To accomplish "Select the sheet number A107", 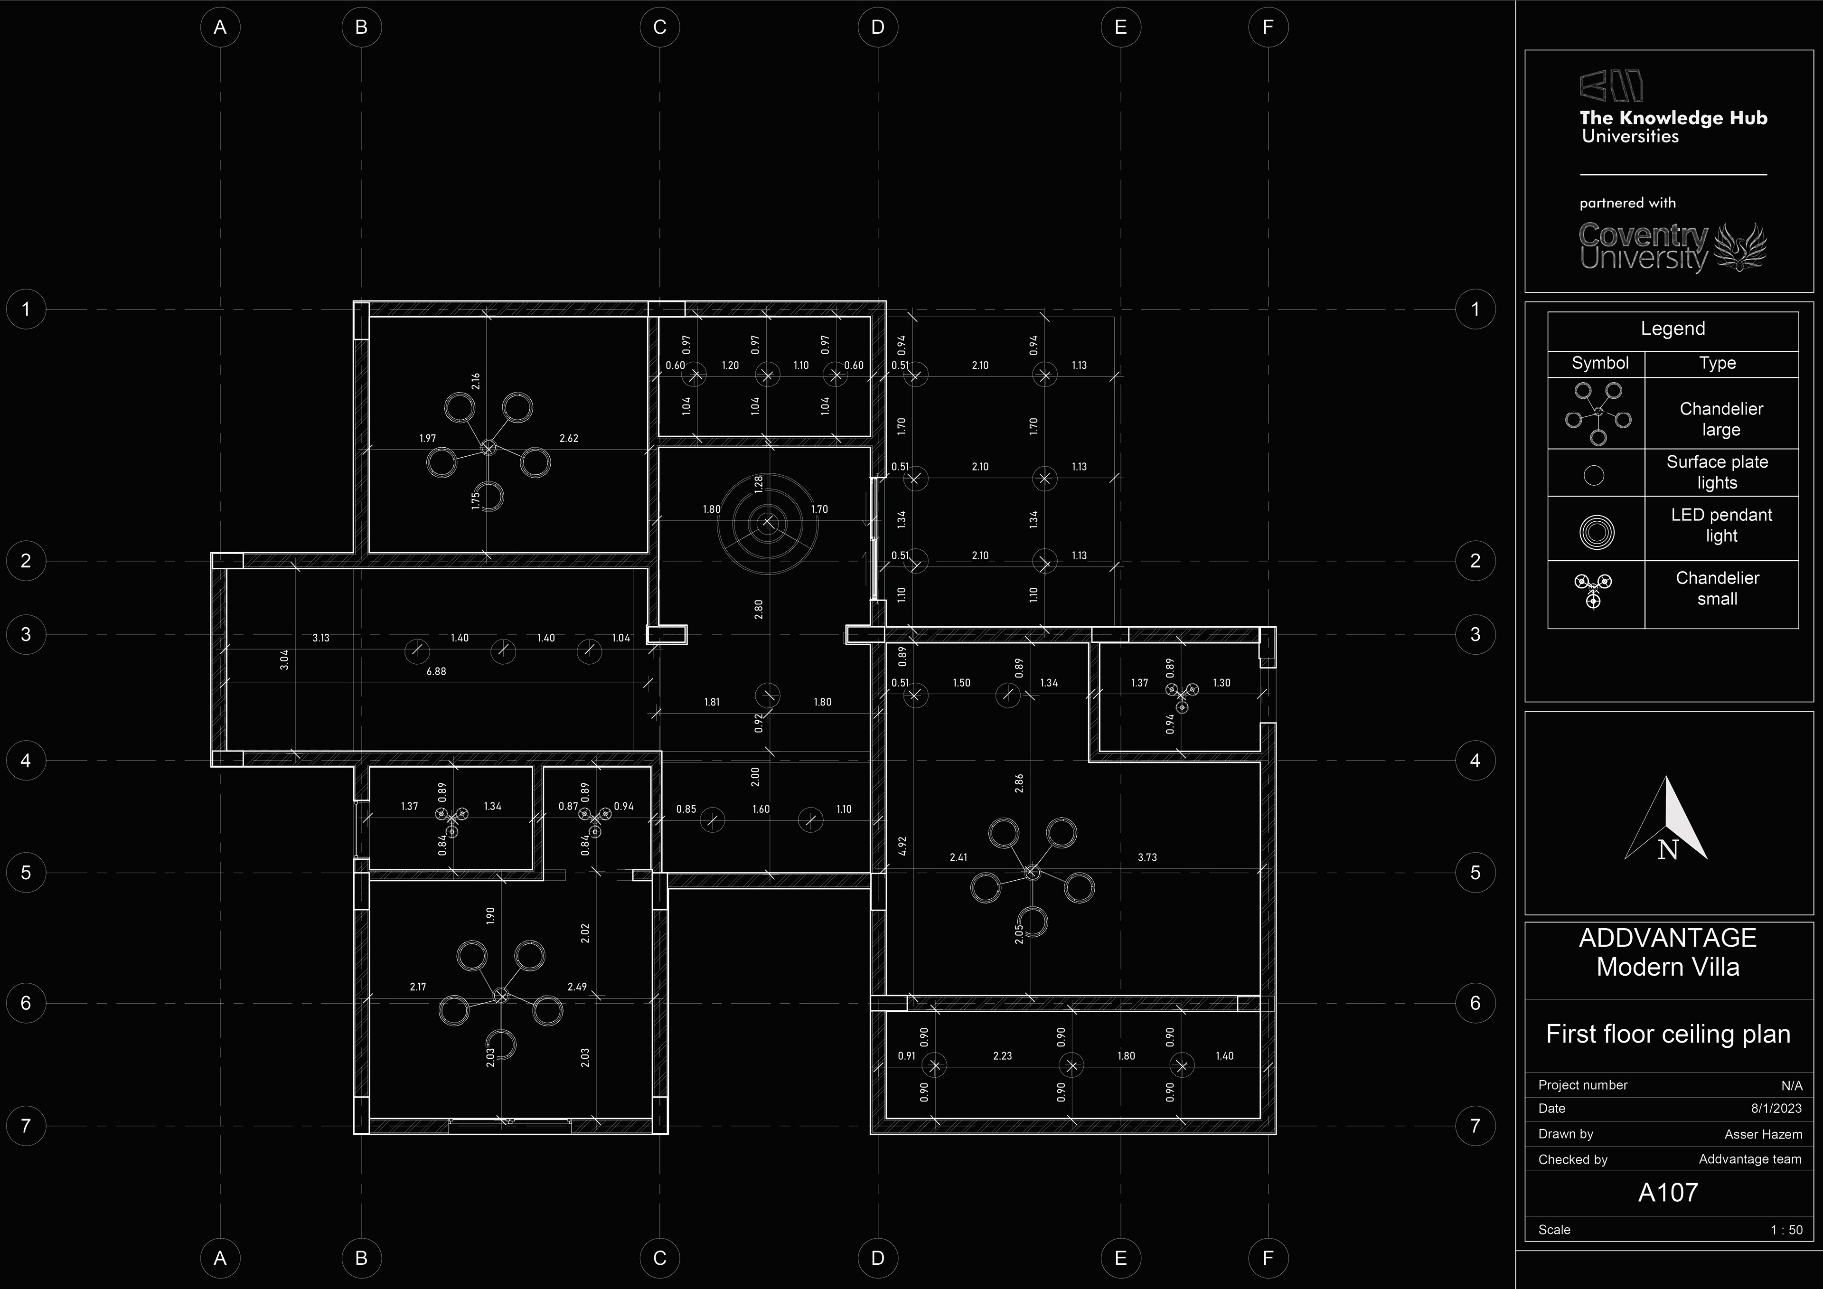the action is click(x=1667, y=1192).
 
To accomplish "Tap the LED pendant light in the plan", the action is click(x=767, y=522).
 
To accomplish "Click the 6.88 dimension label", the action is click(x=436, y=671).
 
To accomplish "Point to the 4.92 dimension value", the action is click(x=902, y=846).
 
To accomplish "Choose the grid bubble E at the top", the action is click(x=1120, y=27).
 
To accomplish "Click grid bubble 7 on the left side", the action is click(x=26, y=1125).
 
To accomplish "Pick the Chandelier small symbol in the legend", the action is click(x=1593, y=590).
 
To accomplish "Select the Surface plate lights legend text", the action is click(x=1717, y=472).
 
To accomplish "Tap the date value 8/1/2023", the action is click(x=1776, y=1108).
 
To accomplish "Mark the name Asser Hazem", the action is click(x=1763, y=1134).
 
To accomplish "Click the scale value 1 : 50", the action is click(x=1785, y=1230).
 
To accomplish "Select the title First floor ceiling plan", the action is click(x=1667, y=1034).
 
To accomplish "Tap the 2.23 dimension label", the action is click(x=1002, y=1055).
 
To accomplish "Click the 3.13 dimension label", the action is click(x=321, y=638).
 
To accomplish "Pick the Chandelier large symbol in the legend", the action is click(x=1597, y=413).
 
